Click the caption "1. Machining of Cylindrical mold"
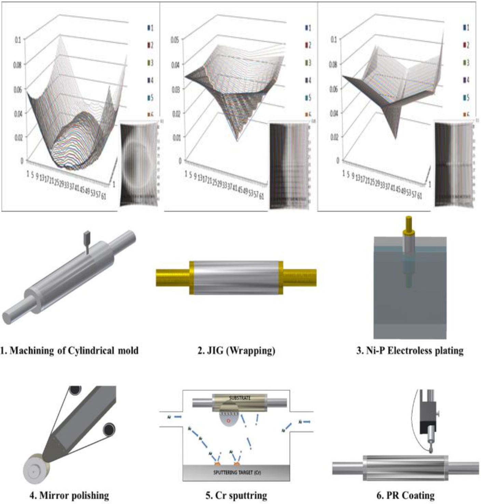pos(69,350)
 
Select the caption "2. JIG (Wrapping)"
pos(236,350)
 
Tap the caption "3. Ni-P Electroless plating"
pos(410,350)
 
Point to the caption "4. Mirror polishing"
pos(69,495)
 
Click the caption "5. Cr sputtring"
pos(236,495)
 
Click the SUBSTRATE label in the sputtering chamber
pos(240,398)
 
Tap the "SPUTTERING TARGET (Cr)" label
pos(237,473)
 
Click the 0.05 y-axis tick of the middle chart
pos(175,40)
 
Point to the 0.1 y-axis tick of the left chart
pos(18,40)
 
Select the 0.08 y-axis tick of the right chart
pos(333,64)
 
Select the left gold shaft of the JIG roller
pos(173,277)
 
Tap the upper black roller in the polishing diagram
pos(75,390)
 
